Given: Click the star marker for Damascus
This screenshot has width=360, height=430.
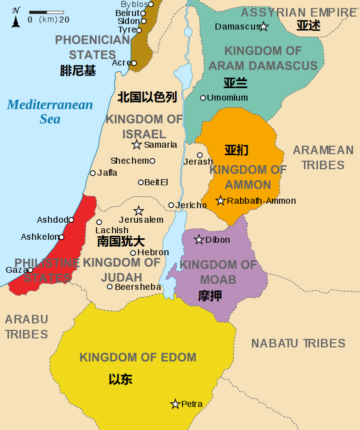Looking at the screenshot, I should (x=263, y=27).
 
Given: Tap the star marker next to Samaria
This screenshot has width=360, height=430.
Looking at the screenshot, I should (x=136, y=145).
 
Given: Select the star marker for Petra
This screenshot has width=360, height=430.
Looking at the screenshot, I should (x=175, y=404).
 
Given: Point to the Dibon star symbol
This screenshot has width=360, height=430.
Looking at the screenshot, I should (x=199, y=240).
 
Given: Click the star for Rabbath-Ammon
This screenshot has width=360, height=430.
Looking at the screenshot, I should (x=220, y=201).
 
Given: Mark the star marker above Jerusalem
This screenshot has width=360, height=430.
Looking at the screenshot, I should (x=138, y=211).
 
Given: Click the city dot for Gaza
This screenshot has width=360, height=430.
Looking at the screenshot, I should (x=30, y=270).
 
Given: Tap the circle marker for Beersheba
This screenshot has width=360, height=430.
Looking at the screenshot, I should (x=110, y=287).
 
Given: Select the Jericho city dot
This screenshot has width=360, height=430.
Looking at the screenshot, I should (x=171, y=205).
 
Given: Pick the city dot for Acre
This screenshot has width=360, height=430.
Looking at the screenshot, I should (x=134, y=63).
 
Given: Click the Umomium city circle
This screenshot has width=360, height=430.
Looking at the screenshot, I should (x=203, y=98).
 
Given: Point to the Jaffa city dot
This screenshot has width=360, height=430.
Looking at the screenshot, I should (x=92, y=173).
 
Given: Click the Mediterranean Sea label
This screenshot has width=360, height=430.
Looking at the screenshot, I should (x=50, y=112).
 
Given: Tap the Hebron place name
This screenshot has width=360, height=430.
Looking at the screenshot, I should (x=152, y=253).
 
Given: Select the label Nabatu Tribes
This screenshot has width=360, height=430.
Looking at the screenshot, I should (x=298, y=343).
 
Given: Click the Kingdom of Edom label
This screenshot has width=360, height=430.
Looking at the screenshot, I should (x=138, y=357).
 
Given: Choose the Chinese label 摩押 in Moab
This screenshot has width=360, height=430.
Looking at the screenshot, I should (x=210, y=296).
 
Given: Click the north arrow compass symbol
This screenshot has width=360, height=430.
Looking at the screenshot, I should (x=16, y=18).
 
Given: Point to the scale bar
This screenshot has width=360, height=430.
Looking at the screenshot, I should (x=46, y=12).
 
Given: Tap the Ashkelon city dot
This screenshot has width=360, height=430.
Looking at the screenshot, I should (x=61, y=237).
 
